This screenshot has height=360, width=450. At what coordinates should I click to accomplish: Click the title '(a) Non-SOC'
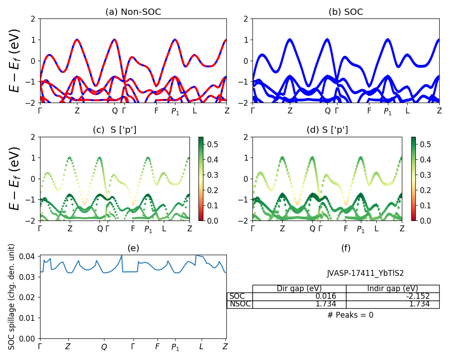pyautogui.click(x=133, y=12)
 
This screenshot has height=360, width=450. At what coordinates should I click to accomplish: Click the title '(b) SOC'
pyautogui.click(x=346, y=12)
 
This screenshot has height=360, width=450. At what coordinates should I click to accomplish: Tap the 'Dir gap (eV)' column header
pyautogui.click(x=299, y=288)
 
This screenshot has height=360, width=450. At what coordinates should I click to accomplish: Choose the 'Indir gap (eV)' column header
pyautogui.click(x=392, y=288)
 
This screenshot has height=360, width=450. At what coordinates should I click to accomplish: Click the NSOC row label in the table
pyautogui.click(x=240, y=304)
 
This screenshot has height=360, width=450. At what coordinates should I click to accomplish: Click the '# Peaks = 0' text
pyautogui.click(x=350, y=315)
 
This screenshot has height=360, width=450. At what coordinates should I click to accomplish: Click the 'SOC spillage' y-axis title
pyautogui.click(x=12, y=297)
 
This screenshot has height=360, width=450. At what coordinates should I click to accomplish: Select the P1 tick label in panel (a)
pyautogui.click(x=175, y=112)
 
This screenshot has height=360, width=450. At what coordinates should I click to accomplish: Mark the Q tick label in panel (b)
pyautogui.click(x=328, y=111)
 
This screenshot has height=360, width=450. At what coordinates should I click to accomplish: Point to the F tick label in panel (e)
pyautogui.click(x=157, y=347)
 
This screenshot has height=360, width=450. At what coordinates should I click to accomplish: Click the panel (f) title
pyautogui.click(x=346, y=248)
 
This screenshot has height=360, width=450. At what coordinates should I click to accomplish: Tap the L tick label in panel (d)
pyautogui.click(x=377, y=229)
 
